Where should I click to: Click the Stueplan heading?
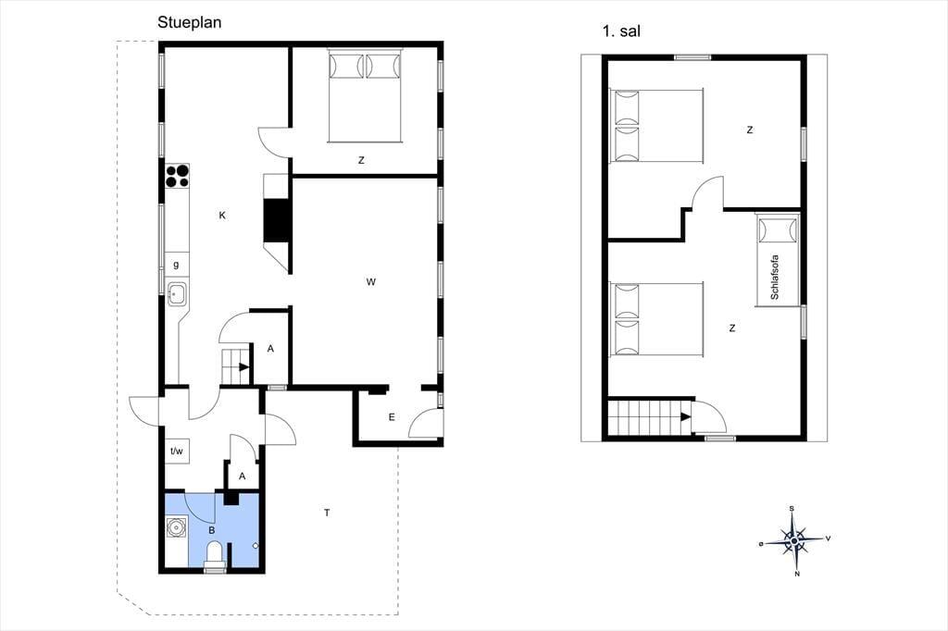point(189,23)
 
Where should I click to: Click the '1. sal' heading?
point(621,31)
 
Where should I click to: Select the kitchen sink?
point(177,294)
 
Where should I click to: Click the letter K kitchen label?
point(222,216)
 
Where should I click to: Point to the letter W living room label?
point(370,281)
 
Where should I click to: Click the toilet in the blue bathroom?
point(215,555)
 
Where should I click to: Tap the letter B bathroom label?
point(212,531)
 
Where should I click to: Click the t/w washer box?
point(177,451)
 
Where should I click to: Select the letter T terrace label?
point(327,513)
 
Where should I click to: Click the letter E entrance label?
point(392,417)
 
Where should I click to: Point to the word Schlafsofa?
point(775,278)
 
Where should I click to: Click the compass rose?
point(793,539)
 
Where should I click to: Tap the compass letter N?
point(797,574)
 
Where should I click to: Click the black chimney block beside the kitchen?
point(277,220)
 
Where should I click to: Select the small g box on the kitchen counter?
point(177,264)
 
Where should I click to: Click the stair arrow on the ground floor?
point(244,366)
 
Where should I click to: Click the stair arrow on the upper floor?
point(685,416)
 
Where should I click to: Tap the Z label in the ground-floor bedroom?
point(361,160)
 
